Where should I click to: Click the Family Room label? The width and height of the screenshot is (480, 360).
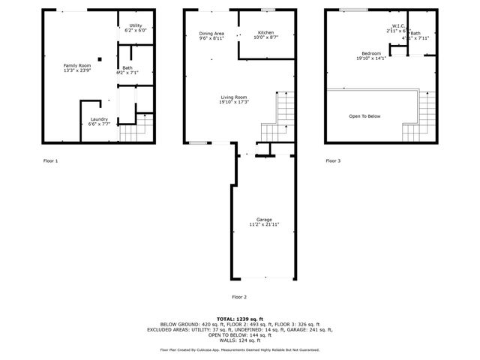point(76,66)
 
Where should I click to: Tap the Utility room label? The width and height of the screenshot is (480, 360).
point(136,25)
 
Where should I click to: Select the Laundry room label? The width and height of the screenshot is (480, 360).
point(99,119)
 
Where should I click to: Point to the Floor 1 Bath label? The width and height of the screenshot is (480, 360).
point(127,68)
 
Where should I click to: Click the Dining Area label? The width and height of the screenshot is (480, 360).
point(211,34)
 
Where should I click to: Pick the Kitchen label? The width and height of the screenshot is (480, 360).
point(266,32)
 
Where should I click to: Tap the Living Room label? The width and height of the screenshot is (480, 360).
point(234,97)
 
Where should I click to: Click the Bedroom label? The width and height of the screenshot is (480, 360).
point(371,53)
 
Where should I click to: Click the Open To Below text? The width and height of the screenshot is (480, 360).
point(364,116)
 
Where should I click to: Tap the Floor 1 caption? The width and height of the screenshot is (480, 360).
point(50,160)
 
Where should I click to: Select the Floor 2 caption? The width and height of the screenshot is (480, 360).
point(239,297)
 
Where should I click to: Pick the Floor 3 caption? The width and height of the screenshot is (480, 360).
point(332,160)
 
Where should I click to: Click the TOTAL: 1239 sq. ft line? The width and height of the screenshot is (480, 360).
point(239,319)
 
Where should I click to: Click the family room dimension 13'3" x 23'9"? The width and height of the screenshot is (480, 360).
point(76,71)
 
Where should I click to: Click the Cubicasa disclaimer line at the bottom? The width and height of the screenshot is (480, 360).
point(239,349)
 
